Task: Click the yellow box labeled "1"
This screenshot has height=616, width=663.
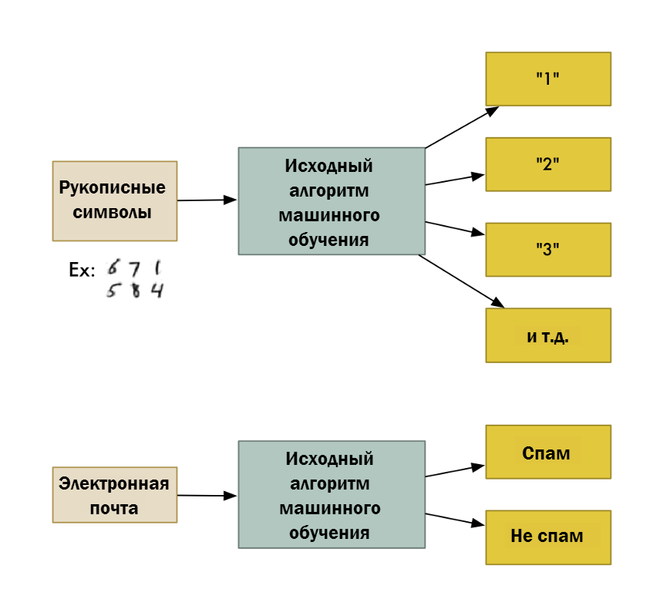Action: point(548,79)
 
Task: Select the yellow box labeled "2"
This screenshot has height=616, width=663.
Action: point(548,164)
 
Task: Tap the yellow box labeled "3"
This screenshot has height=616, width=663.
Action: point(548,250)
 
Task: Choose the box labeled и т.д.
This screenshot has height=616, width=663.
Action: point(548,335)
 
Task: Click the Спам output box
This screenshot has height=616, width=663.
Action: point(548,452)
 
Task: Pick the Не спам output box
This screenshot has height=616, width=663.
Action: point(548,537)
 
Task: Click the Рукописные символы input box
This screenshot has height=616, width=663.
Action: point(114,200)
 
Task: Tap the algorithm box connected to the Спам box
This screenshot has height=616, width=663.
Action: point(331,494)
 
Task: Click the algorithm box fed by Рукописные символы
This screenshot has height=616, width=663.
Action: point(331,201)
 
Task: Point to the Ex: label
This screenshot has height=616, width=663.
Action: point(82,271)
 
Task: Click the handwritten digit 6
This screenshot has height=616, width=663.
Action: point(113,268)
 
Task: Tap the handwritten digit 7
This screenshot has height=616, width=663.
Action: point(134,269)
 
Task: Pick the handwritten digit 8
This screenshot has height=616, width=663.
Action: point(135,291)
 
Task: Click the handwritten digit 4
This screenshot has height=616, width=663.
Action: point(157,291)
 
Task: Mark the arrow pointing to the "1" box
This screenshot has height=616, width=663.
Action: point(463,126)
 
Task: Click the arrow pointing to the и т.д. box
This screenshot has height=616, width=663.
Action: point(461,281)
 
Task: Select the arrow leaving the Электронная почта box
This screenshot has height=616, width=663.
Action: point(207,496)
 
